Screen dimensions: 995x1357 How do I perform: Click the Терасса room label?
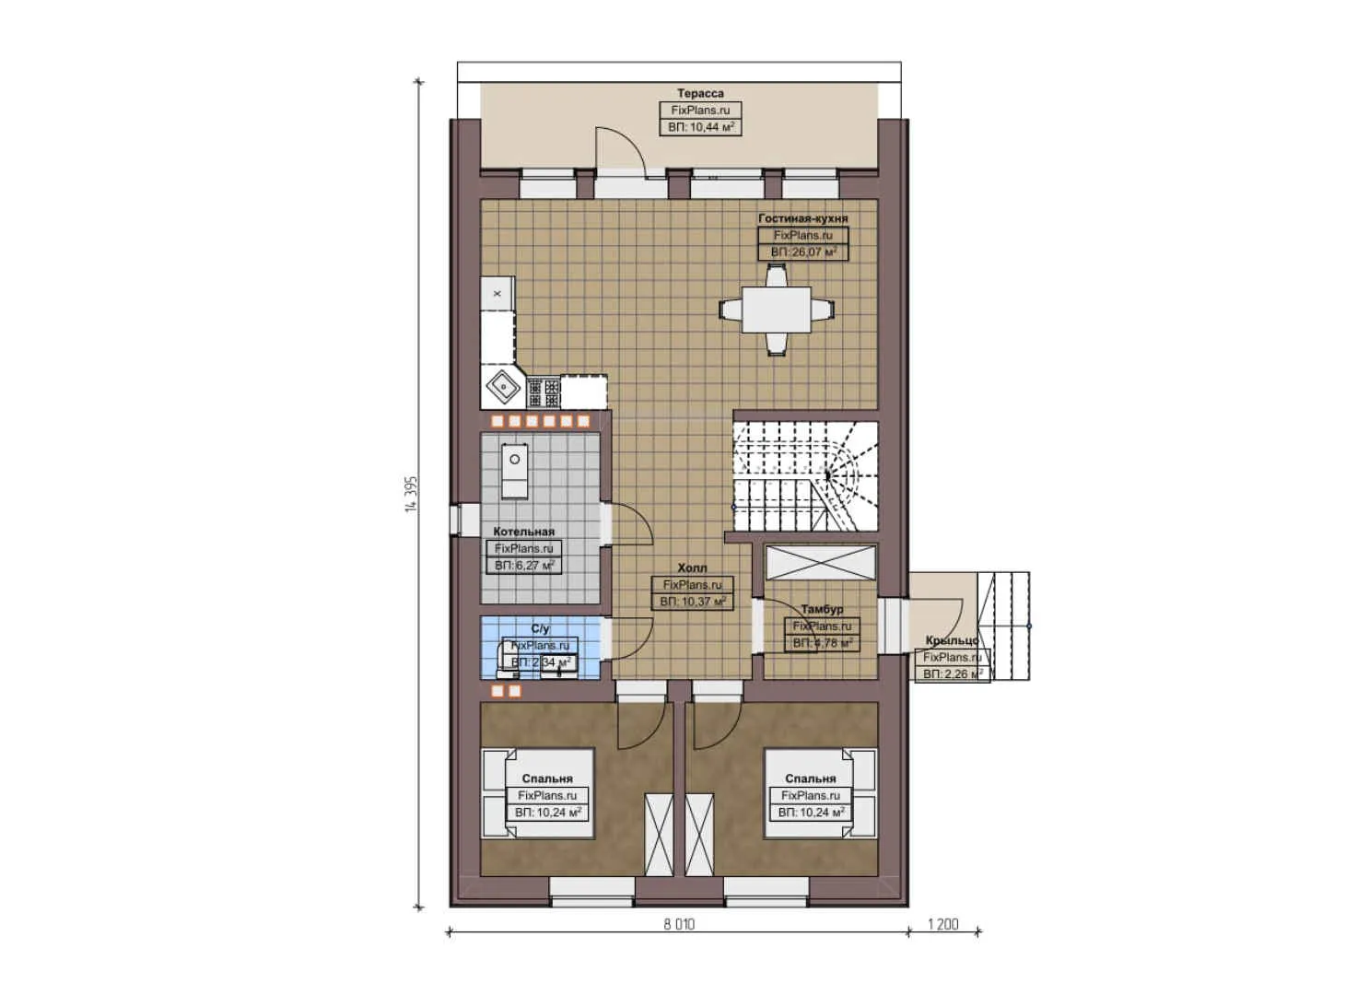point(700,93)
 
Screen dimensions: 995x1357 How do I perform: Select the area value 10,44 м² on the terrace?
point(700,127)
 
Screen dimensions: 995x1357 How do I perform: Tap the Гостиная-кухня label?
point(802,218)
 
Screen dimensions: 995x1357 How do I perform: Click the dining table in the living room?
point(777,310)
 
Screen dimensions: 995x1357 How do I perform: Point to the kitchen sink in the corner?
point(503,388)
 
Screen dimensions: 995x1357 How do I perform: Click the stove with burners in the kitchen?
point(544,392)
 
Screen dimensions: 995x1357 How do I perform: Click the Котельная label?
point(523,532)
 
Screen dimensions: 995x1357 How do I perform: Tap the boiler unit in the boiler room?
point(515,471)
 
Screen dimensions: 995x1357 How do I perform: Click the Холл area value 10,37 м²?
point(693,602)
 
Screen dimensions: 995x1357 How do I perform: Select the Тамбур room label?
point(821,609)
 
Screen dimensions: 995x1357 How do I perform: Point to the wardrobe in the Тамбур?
point(820,562)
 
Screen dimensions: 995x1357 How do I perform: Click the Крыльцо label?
point(952,640)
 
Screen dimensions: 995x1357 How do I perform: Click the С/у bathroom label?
point(540,628)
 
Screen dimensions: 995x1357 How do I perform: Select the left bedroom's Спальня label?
point(547,778)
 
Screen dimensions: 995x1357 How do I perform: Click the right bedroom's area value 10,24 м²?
point(811,813)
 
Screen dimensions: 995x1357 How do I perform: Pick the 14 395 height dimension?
point(411,495)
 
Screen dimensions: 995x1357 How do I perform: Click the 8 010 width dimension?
point(679,924)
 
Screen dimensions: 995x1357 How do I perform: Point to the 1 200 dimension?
point(942,924)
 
